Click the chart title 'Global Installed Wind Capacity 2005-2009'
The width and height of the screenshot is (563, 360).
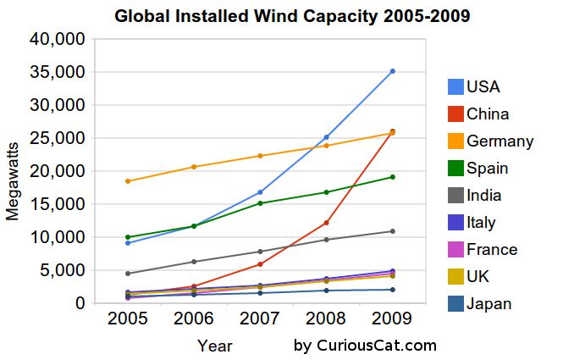pyautogui.click(x=281, y=15)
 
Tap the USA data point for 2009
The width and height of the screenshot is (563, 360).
pyautogui.click(x=393, y=71)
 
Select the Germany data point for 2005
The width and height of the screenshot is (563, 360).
pyautogui.click(x=128, y=181)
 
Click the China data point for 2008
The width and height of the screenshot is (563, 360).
pyautogui.click(x=327, y=223)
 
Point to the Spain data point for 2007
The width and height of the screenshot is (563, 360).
pyautogui.click(x=260, y=203)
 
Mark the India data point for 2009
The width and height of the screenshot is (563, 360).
pyautogui.click(x=393, y=231)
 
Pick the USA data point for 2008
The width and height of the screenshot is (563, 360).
pyautogui.click(x=327, y=137)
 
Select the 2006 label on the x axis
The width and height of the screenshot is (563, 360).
pyautogui.click(x=194, y=319)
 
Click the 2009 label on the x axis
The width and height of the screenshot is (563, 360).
pyautogui.click(x=393, y=319)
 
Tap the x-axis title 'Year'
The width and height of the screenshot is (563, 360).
pyautogui.click(x=215, y=346)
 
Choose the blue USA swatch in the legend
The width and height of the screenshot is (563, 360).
pyautogui.click(x=456, y=86)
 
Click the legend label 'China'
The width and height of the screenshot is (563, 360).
pyautogui.click(x=488, y=114)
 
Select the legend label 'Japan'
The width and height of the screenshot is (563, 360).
pyautogui.click(x=489, y=303)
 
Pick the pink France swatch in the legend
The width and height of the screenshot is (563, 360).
pyautogui.click(x=456, y=249)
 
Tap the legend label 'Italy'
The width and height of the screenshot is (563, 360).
pyautogui.click(x=481, y=222)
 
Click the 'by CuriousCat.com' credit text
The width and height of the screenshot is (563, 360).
pyautogui.click(x=365, y=345)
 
